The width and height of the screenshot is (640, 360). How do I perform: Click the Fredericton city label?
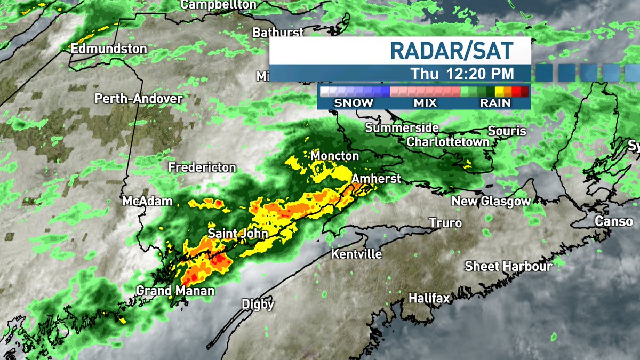tap(202, 167)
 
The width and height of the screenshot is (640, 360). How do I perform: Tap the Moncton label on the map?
tap(335, 156)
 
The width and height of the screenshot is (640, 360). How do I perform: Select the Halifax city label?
tap(429, 298)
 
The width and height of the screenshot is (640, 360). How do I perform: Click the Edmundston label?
tap(108, 49)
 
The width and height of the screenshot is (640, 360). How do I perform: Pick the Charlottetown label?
tap(448, 142)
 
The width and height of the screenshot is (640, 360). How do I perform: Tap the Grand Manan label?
tap(175, 291)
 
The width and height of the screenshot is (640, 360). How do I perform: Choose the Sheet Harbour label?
tap(508, 266)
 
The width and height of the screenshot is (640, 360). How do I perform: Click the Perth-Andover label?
tap(139, 99)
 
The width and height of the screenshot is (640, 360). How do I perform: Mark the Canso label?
tap(613, 221)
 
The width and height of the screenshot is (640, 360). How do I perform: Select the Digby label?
tap(258, 304)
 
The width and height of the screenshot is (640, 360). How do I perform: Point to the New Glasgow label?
tap(491, 201)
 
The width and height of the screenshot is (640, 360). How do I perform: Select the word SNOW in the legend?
tap(354, 102)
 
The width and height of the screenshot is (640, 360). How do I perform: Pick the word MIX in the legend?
tap(425, 102)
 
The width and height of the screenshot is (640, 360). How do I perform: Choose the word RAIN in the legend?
tap(495, 102)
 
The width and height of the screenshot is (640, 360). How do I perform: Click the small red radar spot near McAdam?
tap(218, 203)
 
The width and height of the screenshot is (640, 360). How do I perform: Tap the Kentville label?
tap(356, 254)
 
